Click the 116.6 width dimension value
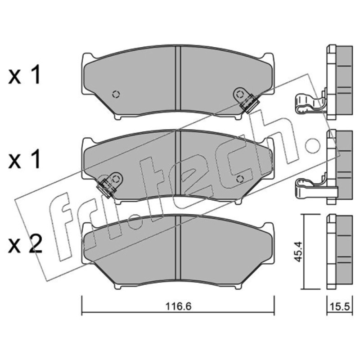coord(178,306)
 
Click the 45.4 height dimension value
coord(298,252)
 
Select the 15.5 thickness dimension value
coord(340,306)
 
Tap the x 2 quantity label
coord(25,245)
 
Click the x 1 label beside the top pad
coord(25,74)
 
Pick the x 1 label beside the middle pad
coord(25,159)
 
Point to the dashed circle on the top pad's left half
coord(116,94)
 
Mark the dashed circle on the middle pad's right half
coord(240,179)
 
